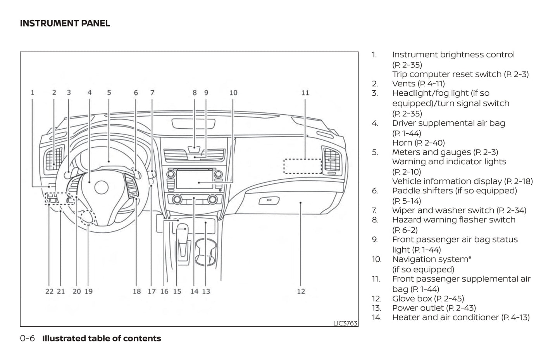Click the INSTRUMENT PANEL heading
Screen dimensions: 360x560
coord(65,23)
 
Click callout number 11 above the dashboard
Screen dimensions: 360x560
coord(305,93)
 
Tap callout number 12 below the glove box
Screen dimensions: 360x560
coord(301,291)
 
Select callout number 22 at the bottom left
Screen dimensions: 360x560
coord(49,291)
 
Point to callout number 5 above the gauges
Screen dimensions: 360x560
coord(109,93)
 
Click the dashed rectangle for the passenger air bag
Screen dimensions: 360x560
coord(303,166)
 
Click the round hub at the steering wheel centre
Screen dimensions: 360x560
coord(101,188)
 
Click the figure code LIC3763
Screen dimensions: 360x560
coord(345,323)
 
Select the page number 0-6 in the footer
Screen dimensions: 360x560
coord(28,338)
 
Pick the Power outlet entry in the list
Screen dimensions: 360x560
coord(418,308)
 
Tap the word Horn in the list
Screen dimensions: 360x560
coord(401,143)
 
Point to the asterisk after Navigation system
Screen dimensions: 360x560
coord(470,258)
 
